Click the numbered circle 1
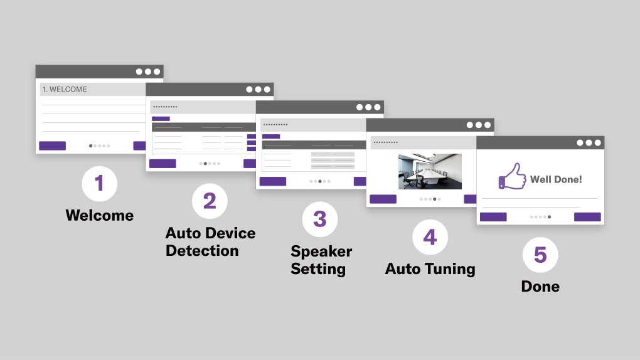pos(99,183)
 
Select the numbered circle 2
pos(210,201)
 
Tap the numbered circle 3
pos(320,219)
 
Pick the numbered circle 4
pos(430,236)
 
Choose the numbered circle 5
pos(540,255)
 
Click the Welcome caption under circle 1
pos(99,215)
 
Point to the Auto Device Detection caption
pos(210,242)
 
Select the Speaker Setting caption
pos(321,260)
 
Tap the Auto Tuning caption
pos(430,269)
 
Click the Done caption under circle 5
pos(540,287)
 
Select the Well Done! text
pos(556,179)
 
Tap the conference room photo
pos(430,171)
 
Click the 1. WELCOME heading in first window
pos(65,90)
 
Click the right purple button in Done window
pos(587,217)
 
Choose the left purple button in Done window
pos(493,217)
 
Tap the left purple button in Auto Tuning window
pos(383,199)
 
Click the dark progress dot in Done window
pos(550,217)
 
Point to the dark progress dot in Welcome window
pos(90,146)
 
